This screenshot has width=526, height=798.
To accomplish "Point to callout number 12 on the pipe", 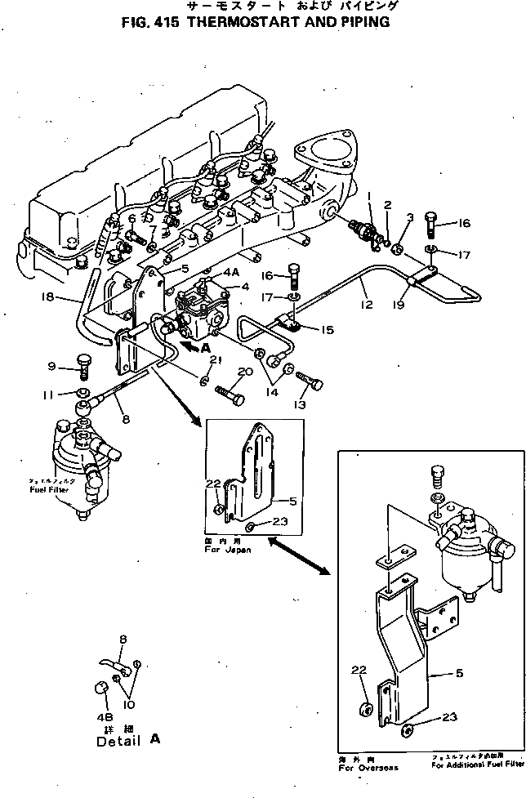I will (366, 305).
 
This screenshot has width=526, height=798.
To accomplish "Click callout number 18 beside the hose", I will (50, 299).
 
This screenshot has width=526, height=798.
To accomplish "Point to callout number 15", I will (328, 330).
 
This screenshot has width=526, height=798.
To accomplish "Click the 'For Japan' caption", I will (227, 551).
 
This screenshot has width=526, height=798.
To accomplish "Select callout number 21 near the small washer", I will (215, 360).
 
